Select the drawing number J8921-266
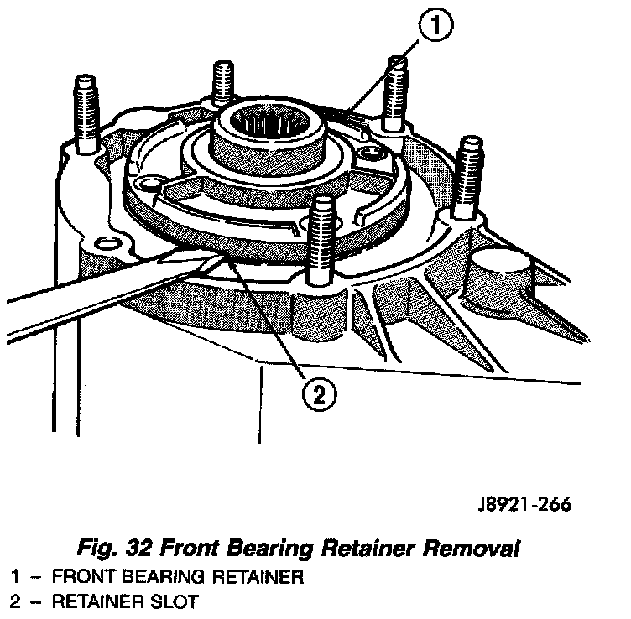pyautogui.click(x=519, y=505)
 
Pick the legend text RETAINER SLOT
pyautogui.click(x=125, y=602)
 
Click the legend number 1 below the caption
pyautogui.click(x=16, y=577)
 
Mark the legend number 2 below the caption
pyautogui.click(x=16, y=602)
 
